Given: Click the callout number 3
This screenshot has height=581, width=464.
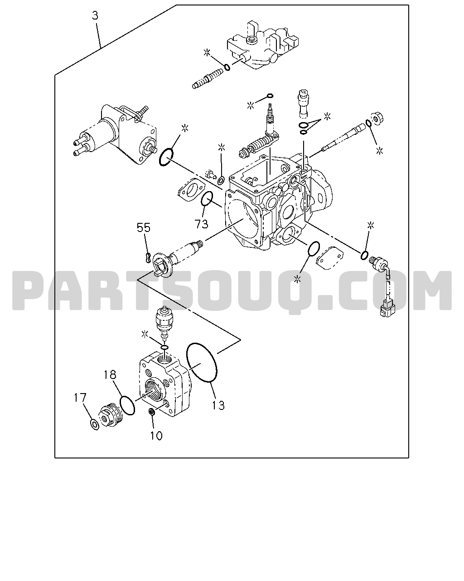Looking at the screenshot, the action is pos(95,15).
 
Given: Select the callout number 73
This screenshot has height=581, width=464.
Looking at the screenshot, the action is pos(201,224).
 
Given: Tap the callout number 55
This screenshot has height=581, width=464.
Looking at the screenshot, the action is pos(144,227).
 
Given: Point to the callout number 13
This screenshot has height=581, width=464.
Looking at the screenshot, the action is pos(218,405).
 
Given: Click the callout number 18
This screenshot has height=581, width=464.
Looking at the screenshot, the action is pos(110,374).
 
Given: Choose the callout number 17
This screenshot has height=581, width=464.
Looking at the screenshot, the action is pos(80,398).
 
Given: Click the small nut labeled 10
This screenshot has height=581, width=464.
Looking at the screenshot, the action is pos(151,412).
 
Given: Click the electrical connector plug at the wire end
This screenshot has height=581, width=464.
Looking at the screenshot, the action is pos(386,309).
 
